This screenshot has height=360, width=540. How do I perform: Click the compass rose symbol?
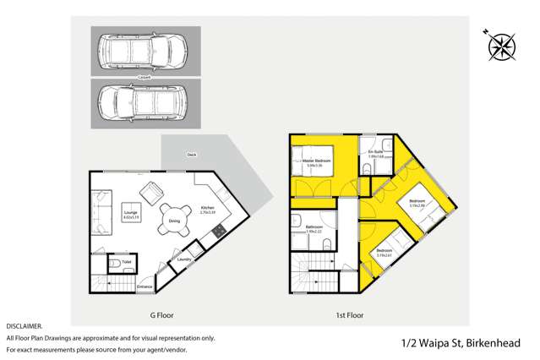click(x=500, y=45)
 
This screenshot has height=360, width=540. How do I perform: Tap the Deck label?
click(x=191, y=155)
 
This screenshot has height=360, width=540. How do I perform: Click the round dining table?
click(x=174, y=218)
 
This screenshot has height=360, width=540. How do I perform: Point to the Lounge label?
click(x=130, y=212)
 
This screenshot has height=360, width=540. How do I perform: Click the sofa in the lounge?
click(x=101, y=213)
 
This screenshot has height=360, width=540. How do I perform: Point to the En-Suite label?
click(x=375, y=152)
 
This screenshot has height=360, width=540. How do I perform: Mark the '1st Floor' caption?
click(x=349, y=315)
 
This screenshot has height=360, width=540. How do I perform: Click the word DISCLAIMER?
click(x=24, y=325)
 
